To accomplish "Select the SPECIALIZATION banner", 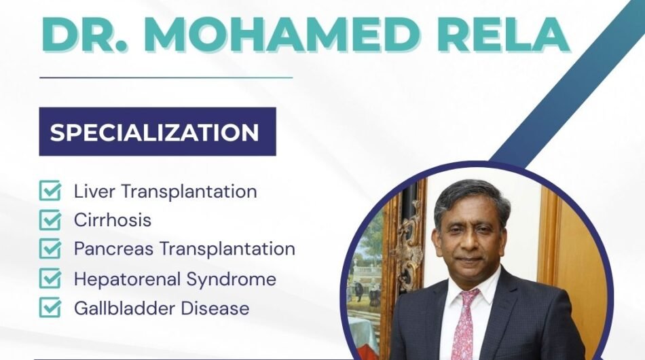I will pyautogui.click(x=157, y=132).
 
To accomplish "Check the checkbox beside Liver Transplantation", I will pyautogui.click(x=50, y=192).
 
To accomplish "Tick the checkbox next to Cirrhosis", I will pyautogui.click(x=50, y=221).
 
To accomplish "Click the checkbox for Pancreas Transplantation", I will pyautogui.click(x=50, y=249).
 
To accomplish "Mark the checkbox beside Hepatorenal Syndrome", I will pyautogui.click(x=50, y=279).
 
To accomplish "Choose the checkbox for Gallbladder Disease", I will pyautogui.click(x=50, y=308).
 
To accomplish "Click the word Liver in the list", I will pyautogui.click(x=95, y=192).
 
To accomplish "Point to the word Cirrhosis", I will pyautogui.click(x=113, y=221).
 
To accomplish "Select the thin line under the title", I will pyautogui.click(x=166, y=77).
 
